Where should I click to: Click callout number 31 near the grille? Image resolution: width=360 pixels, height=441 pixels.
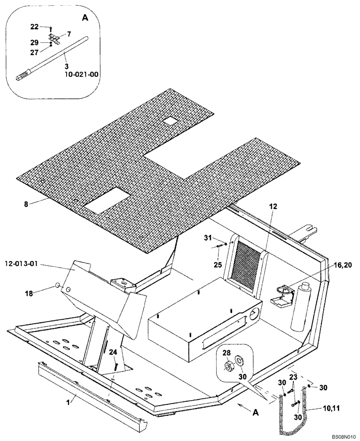tap(208, 238)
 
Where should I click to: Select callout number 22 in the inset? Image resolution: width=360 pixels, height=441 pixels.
tap(34, 27)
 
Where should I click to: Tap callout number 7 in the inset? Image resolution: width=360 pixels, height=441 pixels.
tap(69, 34)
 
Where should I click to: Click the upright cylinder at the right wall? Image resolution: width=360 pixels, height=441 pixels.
tap(298, 306)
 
